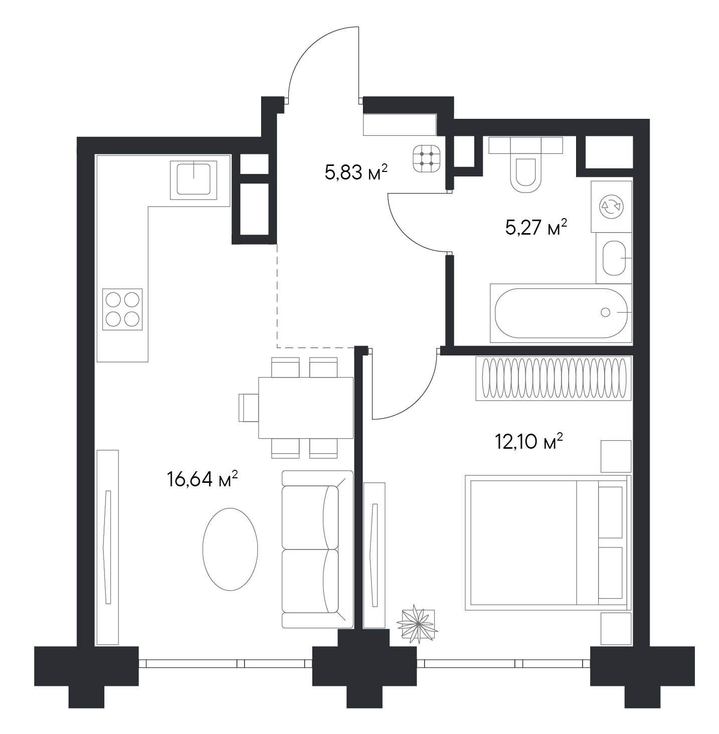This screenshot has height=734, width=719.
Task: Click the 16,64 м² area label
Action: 203,479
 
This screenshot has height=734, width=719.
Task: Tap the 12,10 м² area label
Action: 529,442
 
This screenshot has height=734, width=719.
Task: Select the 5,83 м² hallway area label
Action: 356,172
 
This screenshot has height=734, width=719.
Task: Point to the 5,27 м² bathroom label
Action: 536,228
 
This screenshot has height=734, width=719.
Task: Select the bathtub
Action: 561,313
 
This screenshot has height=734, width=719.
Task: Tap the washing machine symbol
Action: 611,207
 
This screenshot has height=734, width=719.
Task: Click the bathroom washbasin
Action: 614,258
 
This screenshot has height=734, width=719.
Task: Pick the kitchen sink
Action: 194,180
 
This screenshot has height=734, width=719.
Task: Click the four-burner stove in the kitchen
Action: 122,309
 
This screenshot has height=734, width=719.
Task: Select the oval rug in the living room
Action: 230,549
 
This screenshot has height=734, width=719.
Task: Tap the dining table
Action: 306,408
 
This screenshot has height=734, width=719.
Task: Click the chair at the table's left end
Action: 248,408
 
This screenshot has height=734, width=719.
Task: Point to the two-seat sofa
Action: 317,549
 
